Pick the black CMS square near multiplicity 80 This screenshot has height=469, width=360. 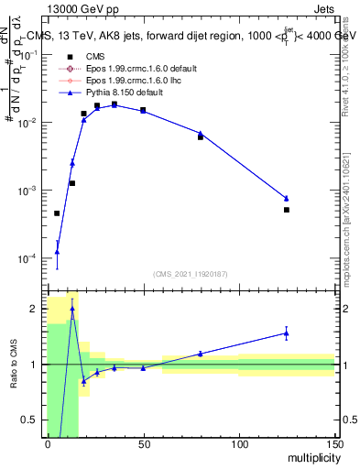pos(201,136)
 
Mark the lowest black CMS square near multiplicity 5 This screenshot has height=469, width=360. pos(57,213)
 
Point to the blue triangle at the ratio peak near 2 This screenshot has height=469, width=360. pos(72,309)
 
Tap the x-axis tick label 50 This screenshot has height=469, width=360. pos(143,445)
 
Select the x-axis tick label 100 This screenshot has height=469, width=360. pos(238,445)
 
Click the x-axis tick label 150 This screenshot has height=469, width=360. pos(333,445)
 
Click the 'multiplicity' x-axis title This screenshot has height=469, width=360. pos(311,458)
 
